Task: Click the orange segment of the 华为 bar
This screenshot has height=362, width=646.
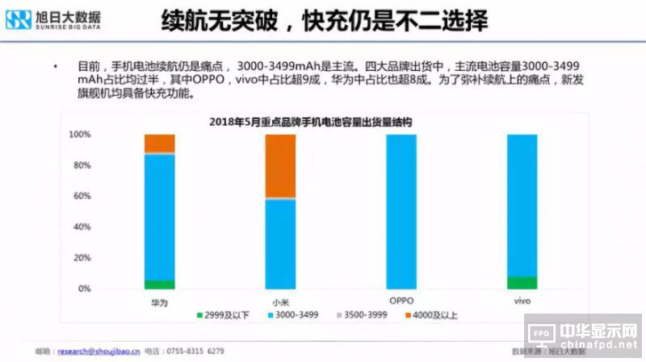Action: click(x=159, y=143)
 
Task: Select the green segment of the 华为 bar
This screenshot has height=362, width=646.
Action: click(x=159, y=284)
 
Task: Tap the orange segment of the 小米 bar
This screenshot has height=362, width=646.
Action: click(x=280, y=165)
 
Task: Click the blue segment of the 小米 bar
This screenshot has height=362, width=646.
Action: click(x=280, y=243)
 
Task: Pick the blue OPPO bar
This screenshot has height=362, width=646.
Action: click(x=401, y=211)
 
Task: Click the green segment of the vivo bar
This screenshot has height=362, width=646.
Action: click(x=522, y=282)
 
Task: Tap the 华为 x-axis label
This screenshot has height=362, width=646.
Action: click(x=159, y=302)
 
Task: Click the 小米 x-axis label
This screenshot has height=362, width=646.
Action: click(x=280, y=302)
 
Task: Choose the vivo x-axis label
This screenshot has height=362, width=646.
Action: click(x=522, y=301)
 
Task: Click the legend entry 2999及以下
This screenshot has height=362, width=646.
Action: click(x=221, y=314)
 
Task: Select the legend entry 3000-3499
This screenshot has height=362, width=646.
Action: click(x=296, y=314)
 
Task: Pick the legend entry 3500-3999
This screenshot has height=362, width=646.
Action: click(x=365, y=314)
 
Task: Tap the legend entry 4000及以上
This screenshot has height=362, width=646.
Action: click(x=434, y=314)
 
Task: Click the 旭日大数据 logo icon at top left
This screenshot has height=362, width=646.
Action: click(x=19, y=19)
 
